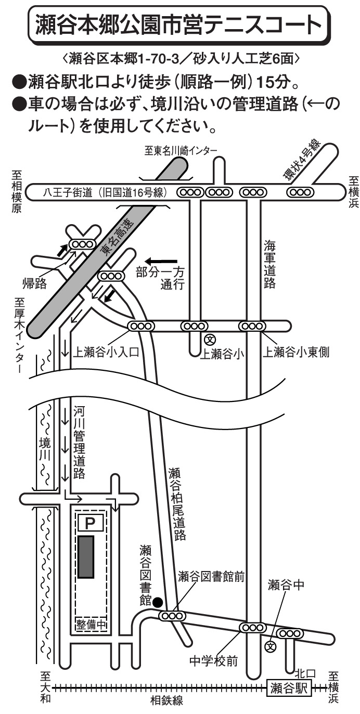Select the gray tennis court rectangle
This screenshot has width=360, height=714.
pos(86,556)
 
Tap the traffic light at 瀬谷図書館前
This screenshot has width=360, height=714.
pos(172,616)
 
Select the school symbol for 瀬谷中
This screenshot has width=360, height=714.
pos(270,647)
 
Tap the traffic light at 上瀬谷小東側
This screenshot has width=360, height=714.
pos(252,326)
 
